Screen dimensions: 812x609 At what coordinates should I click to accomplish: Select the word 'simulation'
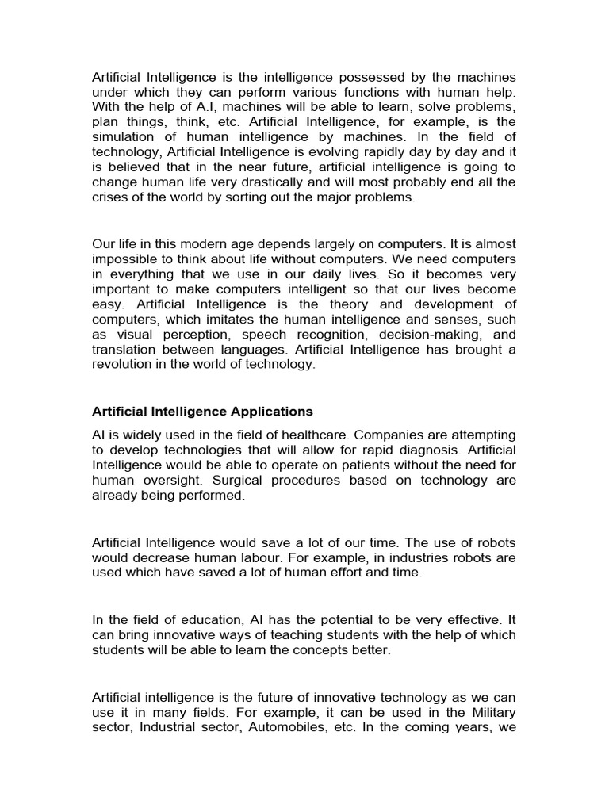click(x=126, y=137)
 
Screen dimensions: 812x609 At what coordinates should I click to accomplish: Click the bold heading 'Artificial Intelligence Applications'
click(x=203, y=412)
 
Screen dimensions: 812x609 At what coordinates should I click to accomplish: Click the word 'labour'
click(x=265, y=558)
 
